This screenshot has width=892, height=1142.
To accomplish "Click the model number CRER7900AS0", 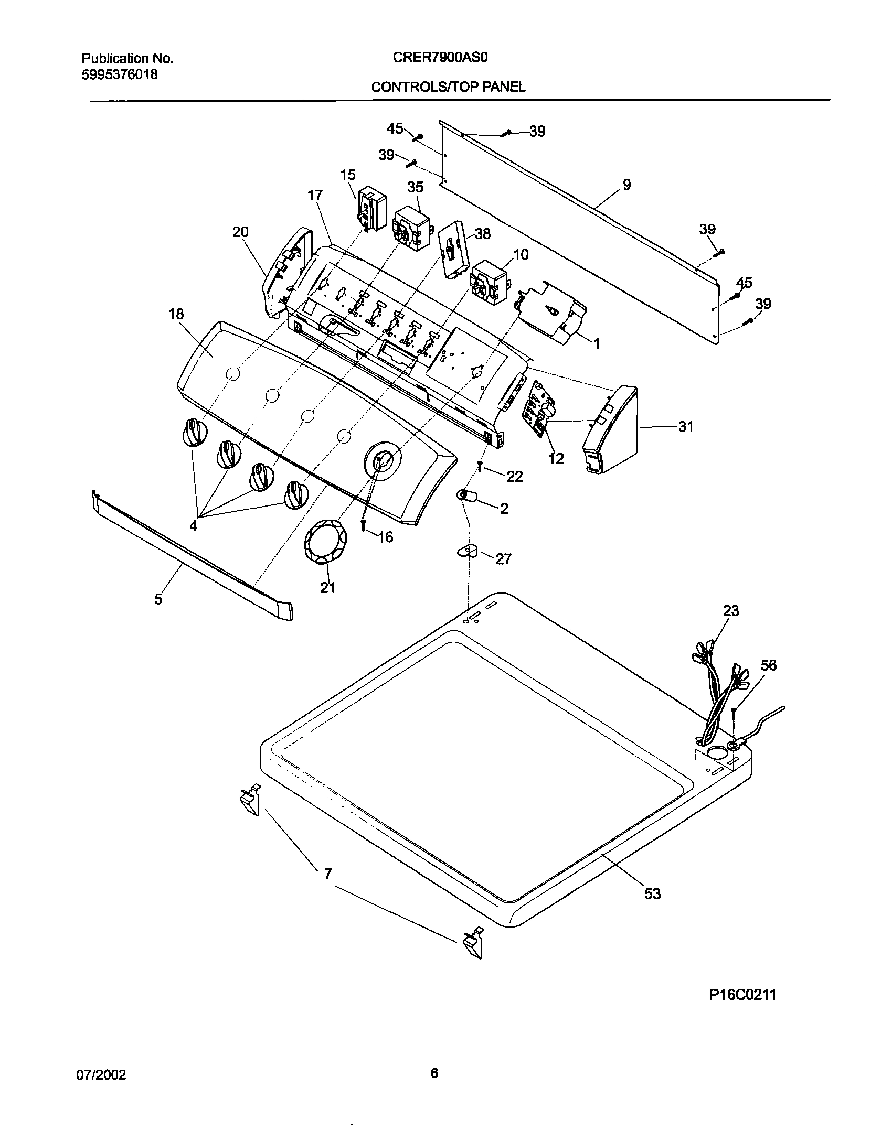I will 440,58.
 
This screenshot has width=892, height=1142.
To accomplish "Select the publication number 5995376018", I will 119,74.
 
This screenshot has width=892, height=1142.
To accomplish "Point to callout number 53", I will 652,893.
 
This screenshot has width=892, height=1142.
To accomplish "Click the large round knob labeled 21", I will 322,542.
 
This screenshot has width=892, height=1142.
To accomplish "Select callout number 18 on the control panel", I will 176,314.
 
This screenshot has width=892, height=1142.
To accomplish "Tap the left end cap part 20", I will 281,273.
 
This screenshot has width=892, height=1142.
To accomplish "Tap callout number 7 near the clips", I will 327,874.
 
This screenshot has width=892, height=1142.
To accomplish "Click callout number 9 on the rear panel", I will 626,185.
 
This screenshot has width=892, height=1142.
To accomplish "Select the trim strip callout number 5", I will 158,599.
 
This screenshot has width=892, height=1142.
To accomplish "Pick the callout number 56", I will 769,665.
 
